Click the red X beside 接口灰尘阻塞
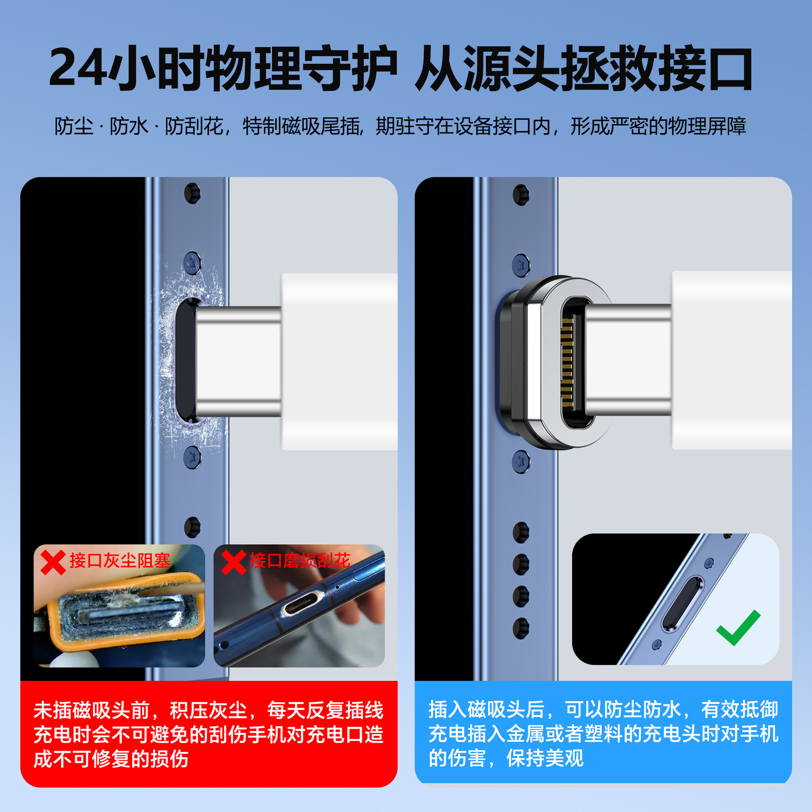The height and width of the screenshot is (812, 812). [53, 562]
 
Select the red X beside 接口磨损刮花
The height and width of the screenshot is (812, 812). [233, 562]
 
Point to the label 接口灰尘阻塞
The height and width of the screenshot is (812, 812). [120, 561]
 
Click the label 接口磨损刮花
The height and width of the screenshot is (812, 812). [300, 561]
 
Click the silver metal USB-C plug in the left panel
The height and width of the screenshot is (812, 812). [238, 362]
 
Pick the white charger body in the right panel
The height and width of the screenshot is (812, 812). [732, 360]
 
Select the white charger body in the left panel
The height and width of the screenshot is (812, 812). [340, 362]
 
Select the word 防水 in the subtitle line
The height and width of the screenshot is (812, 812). [129, 126]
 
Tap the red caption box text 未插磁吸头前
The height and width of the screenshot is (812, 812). [91, 710]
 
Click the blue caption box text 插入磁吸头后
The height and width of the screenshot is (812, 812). [486, 710]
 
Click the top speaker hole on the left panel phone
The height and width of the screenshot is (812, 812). [192, 193]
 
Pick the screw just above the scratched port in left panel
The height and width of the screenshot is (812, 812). [192, 263]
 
